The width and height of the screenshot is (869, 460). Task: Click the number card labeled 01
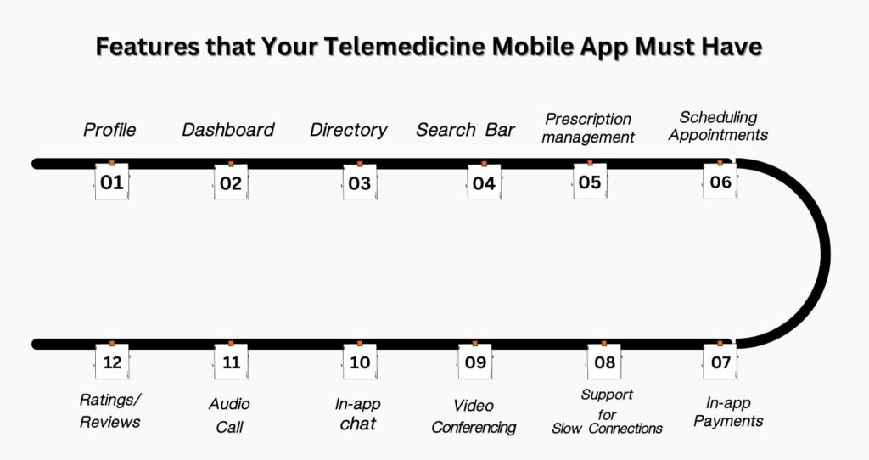(112, 182)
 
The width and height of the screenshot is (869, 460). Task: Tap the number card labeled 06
(720, 182)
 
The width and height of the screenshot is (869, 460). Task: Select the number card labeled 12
(112, 362)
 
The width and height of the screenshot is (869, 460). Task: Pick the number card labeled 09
(475, 362)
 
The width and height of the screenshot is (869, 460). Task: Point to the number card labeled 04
(484, 182)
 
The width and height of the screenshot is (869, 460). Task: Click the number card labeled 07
(720, 362)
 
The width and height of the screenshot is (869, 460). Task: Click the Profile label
(109, 130)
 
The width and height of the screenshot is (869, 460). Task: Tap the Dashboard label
(228, 130)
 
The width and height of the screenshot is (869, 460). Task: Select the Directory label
(348, 130)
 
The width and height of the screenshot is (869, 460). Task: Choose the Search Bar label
(465, 130)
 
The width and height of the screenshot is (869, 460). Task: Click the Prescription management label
(588, 128)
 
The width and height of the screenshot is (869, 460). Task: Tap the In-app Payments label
(728, 412)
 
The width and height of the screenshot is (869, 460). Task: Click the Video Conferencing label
(474, 416)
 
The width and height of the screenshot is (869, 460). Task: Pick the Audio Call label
(229, 415)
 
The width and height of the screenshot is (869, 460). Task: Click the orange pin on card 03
(359, 163)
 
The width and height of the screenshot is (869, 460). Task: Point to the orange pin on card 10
(360, 344)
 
